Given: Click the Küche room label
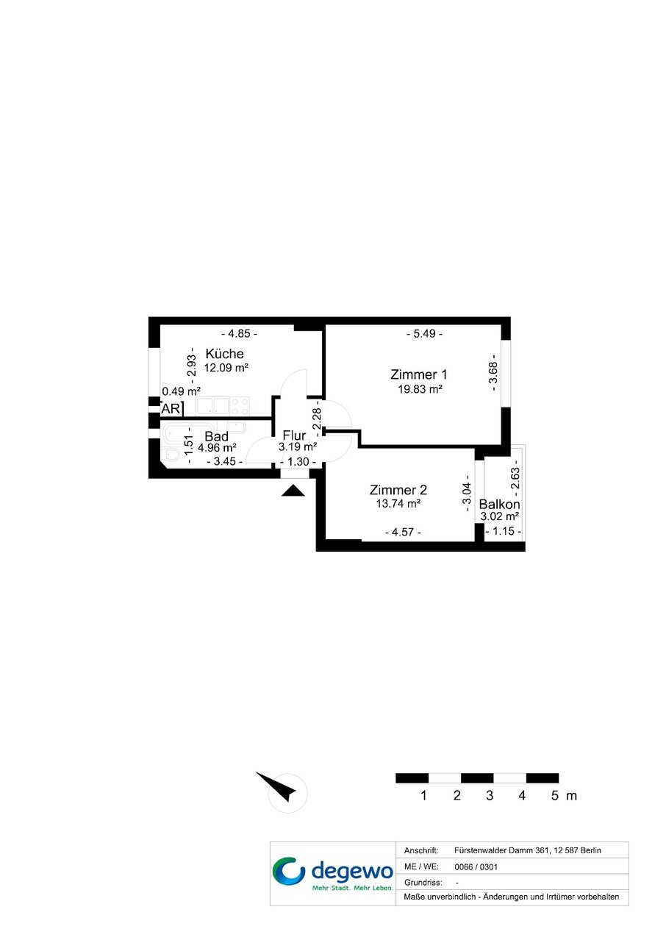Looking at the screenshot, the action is coord(224,354).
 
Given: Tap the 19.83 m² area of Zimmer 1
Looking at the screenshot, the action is coord(420,389).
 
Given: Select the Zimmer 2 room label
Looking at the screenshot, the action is coord(398,490).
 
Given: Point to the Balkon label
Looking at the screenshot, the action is coord(499,504).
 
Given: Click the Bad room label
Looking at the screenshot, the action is coord(216,436).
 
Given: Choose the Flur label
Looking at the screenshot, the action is coord(294,435).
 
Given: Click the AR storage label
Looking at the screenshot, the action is coord(171,408).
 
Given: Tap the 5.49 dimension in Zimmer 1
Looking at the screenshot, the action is coord(424,334).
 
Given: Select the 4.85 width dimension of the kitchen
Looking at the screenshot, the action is coord(239,334).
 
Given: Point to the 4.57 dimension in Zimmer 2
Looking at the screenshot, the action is coord(403,532).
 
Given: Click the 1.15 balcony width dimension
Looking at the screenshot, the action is coord(504,531).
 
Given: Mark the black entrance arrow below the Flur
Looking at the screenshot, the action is coord(293,491).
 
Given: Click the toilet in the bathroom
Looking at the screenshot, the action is coord(172,455).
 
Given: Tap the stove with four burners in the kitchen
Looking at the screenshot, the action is coord(240,406).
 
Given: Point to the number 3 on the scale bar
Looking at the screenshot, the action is coord(490,796).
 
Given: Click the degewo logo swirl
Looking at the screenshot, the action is coord(288,871).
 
